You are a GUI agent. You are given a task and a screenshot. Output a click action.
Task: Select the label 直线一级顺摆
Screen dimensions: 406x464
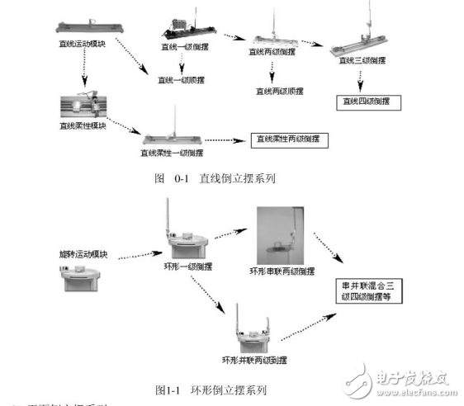181,81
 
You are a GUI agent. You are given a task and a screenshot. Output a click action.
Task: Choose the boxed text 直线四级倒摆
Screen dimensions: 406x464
369,102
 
